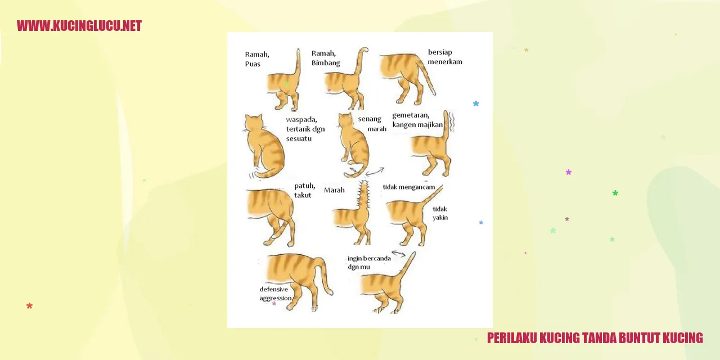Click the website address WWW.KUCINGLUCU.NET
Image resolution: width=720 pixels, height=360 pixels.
tap(79, 26)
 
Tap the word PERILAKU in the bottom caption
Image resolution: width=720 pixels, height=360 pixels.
tap(512, 338)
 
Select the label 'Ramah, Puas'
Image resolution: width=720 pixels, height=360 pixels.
tap(257, 59)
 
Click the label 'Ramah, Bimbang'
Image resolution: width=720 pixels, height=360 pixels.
tap(326, 58)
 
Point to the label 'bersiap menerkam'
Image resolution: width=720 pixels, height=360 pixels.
tap(445, 57)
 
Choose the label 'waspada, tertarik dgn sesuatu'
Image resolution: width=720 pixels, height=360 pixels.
tap(305, 129)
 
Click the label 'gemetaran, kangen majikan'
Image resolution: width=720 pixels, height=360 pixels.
tap(417, 120)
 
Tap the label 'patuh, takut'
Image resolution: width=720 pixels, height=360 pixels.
tap(304, 190)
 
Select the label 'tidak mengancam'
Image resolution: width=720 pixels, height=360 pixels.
tap(408, 187)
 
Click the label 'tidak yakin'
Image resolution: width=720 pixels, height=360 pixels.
tap(440, 213)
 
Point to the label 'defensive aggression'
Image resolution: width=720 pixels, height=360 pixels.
tap(276, 294)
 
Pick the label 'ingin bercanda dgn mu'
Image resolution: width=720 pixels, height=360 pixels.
tap(369, 263)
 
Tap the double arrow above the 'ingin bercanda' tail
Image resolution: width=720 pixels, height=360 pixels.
tap(399, 254)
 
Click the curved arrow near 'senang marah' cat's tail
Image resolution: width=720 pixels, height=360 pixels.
tap(375, 172)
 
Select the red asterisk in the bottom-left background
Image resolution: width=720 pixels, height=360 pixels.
tap(30, 305)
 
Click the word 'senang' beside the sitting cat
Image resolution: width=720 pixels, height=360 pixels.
tap(370, 119)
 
